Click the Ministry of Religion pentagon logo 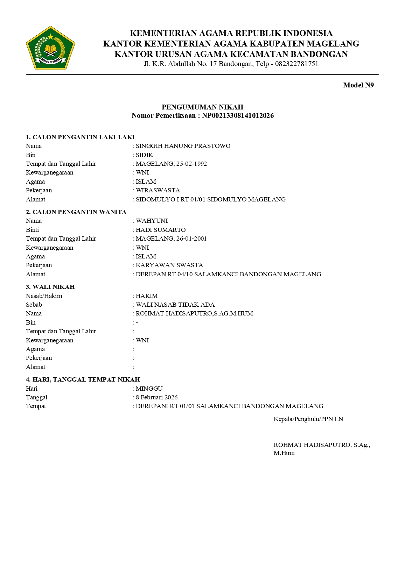click(50, 48)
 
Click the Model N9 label click(358, 85)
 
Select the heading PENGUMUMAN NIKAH click(202, 107)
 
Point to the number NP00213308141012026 click(238, 115)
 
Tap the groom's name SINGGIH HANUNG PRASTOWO click(183, 146)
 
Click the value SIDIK click(144, 155)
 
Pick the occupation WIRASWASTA click(158, 190)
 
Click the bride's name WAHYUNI click(152, 221)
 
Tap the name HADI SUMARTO click(160, 230)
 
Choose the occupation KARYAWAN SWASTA click(169, 265)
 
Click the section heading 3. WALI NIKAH click(50, 287)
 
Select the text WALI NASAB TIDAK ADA click(175, 305)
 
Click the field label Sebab click(34, 305)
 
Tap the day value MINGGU click(149, 389)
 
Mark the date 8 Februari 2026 click(156, 397)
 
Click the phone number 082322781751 click(296, 64)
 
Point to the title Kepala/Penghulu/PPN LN click(308, 419)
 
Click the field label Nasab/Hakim click(44, 296)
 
